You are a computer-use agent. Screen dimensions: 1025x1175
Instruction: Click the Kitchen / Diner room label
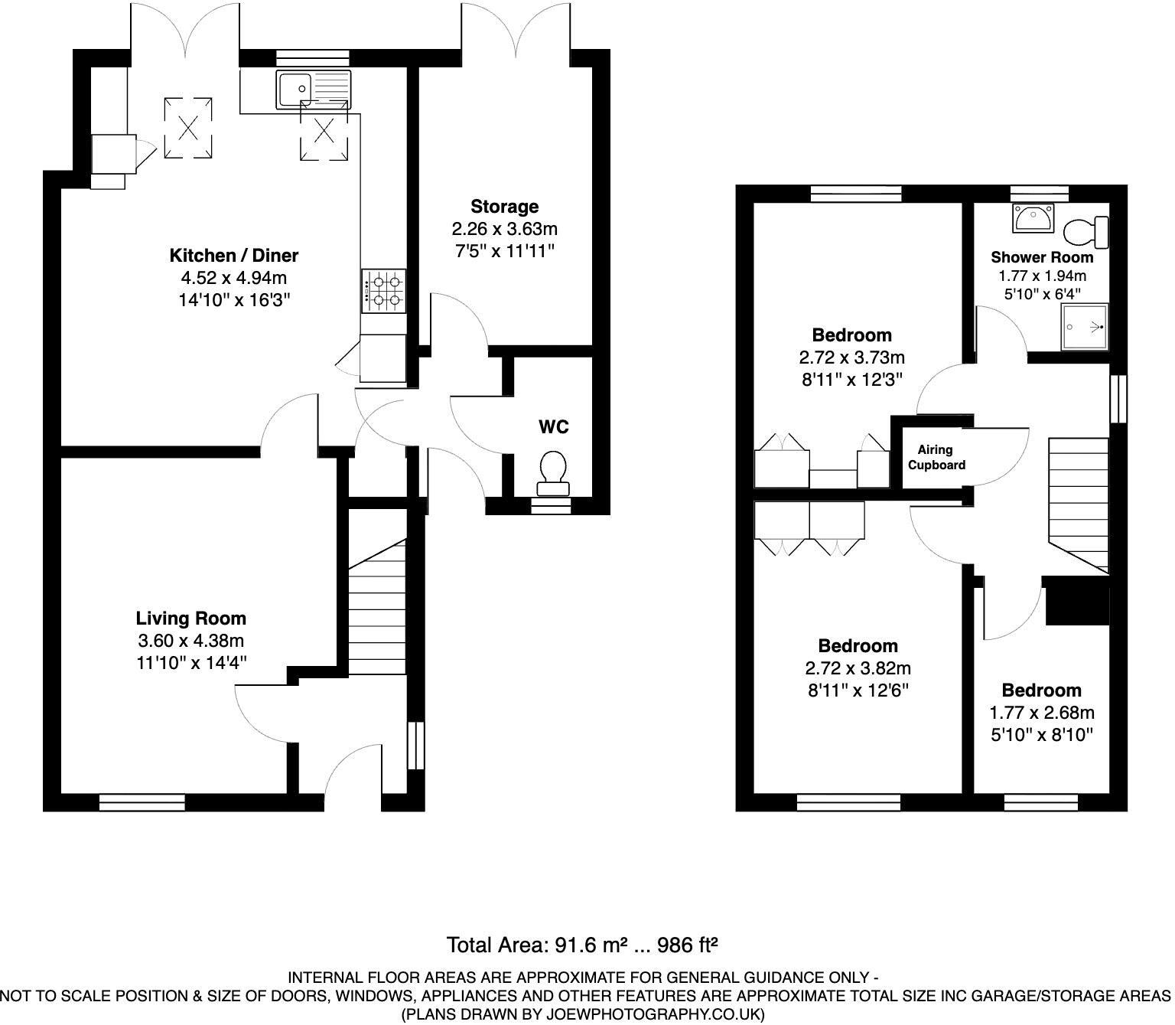233,255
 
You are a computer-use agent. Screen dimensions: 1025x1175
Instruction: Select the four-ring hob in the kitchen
383,291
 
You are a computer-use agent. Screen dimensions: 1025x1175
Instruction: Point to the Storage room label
504,207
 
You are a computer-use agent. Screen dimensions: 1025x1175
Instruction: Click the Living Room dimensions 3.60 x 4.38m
190,640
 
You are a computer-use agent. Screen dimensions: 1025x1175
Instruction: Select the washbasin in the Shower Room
1033,218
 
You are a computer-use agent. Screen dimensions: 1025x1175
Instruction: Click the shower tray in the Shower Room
1084,327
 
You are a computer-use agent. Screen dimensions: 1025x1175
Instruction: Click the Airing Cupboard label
936,457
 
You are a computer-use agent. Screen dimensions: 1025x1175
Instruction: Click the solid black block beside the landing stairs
1077,601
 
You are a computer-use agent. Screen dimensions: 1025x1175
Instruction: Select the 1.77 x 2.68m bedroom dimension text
1041,713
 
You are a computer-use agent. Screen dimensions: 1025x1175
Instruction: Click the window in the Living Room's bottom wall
142,801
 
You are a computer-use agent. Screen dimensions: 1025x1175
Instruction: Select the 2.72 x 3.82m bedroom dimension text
858,668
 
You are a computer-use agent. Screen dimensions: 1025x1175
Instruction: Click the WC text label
553,426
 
